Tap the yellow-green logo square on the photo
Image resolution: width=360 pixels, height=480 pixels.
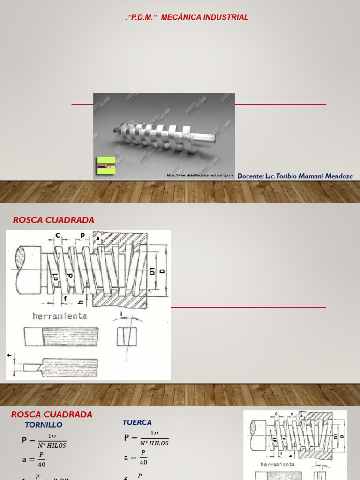[x=106, y=165]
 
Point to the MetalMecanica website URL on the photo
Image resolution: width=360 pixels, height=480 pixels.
[x=200, y=175]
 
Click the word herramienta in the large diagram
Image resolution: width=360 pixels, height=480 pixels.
[x=60, y=316]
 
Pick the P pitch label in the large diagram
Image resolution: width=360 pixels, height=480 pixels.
[x=82, y=236]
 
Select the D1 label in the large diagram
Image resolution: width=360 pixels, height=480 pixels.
[x=152, y=271]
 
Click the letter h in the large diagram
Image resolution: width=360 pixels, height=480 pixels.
[x=81, y=302]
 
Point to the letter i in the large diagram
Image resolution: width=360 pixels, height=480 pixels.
[x=121, y=314]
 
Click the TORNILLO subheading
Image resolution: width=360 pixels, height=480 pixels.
[x=43, y=425]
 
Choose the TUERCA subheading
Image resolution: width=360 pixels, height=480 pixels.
[x=137, y=422]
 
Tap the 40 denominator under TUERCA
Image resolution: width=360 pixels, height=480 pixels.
[x=143, y=462]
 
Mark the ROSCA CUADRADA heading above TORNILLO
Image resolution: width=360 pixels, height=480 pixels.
[x=52, y=414]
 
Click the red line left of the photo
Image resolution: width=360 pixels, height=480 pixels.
[x=82, y=104]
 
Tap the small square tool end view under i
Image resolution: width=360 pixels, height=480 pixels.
[x=127, y=336]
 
